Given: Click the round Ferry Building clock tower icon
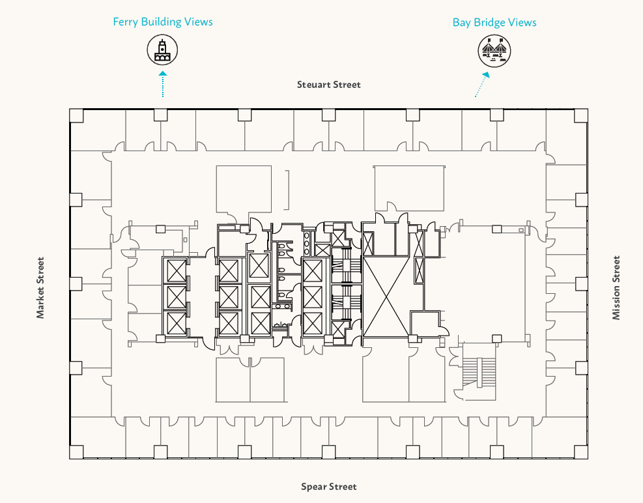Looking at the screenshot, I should pos(162,50).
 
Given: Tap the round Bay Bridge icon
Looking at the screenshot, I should pos(493,50).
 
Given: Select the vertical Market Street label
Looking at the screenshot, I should pos(40,287).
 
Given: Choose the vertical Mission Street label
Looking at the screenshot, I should pos(616,287).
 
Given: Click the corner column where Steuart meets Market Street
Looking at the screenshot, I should pos(76,115).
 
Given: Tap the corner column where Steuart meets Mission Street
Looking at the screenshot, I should pos(582,115).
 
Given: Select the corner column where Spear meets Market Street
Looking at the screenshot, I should pos(76,452).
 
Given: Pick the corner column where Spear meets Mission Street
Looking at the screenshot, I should pos(582,452).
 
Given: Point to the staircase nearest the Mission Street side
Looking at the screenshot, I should pos(479,375).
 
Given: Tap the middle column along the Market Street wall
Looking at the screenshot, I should pos(76,283).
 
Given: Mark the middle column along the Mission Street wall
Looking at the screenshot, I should pos(582,283).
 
